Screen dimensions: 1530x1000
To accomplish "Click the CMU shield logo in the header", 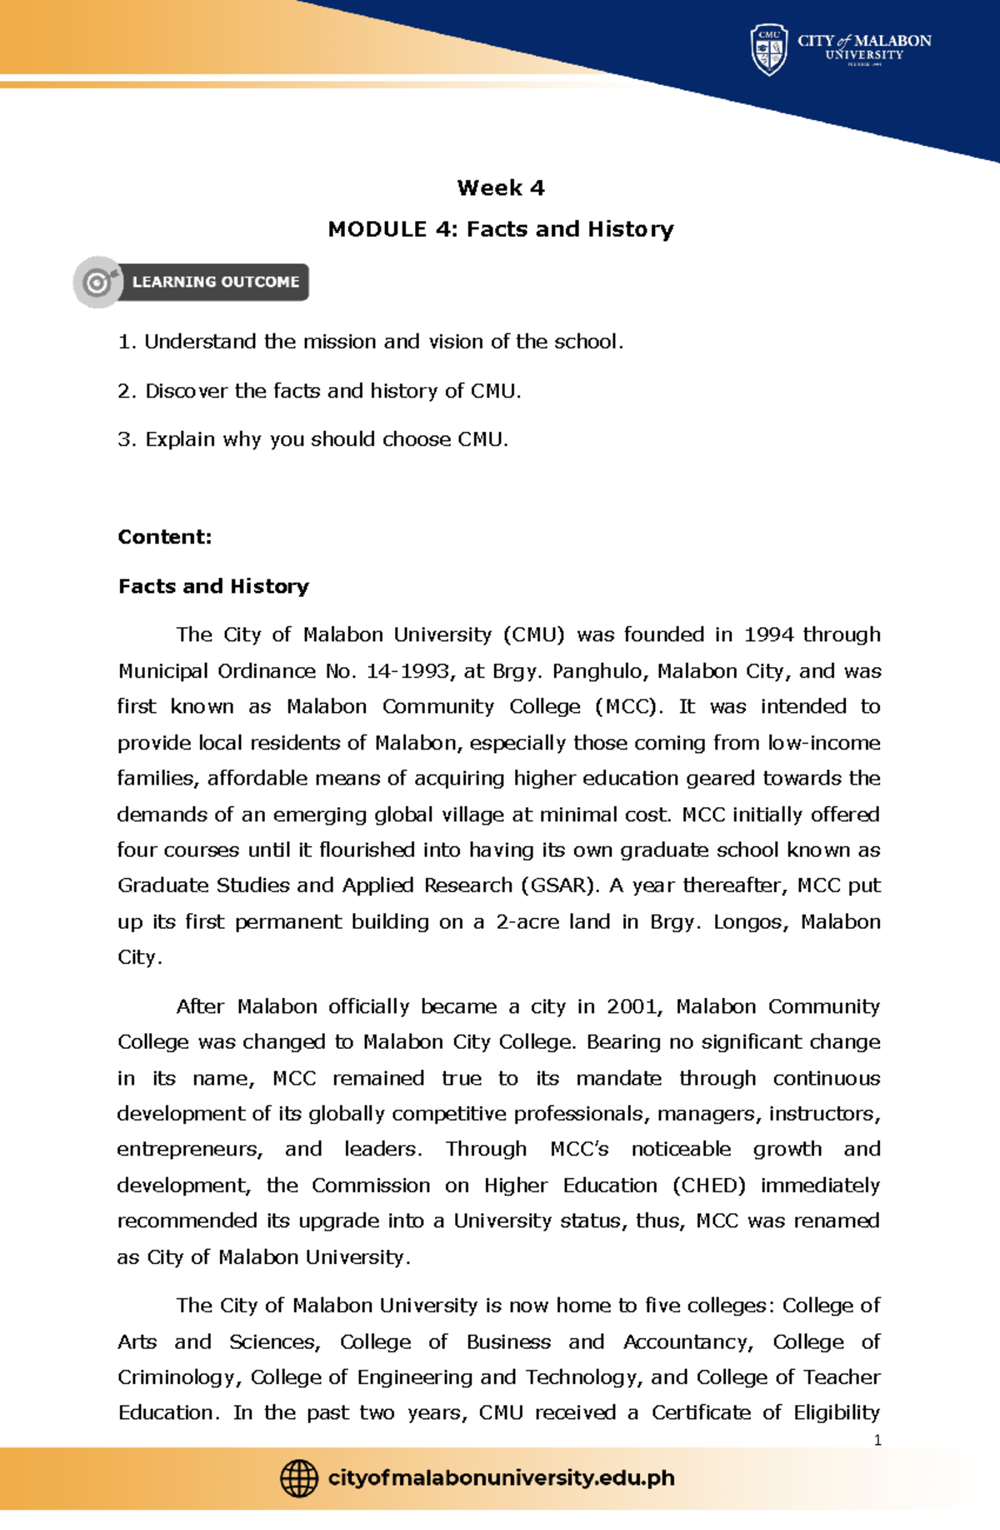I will [x=768, y=50].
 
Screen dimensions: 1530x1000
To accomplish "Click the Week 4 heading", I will [x=500, y=188].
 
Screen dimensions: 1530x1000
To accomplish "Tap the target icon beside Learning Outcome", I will [x=98, y=283].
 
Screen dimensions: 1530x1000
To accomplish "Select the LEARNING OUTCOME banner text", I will [x=215, y=283].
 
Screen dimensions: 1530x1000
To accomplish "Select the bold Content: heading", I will [x=165, y=537].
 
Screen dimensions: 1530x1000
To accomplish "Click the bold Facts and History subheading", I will [x=213, y=586].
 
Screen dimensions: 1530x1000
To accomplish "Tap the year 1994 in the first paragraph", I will [x=768, y=635].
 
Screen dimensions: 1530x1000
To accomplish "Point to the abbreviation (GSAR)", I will [x=560, y=885].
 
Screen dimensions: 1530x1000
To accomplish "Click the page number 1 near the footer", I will [x=877, y=1440].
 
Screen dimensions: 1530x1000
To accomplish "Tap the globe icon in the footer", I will [x=298, y=1478].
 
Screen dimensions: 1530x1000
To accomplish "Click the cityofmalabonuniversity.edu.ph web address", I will [x=501, y=1478].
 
